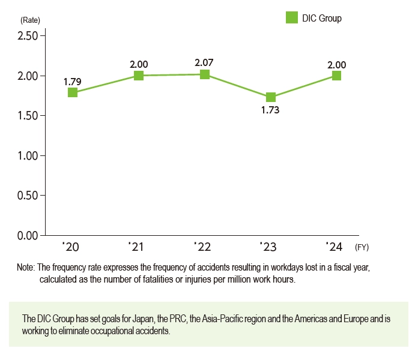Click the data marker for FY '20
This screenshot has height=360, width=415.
(73, 92)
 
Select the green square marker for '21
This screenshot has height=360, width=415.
(139, 76)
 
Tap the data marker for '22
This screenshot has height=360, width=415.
(205, 74)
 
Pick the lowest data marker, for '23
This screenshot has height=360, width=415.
(271, 97)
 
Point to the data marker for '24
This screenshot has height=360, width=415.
(336, 76)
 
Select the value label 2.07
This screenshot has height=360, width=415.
(204, 62)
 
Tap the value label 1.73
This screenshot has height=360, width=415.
(270, 111)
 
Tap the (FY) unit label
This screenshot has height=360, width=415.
(363, 247)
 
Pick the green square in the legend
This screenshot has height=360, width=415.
(291, 18)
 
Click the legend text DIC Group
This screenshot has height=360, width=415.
(321, 19)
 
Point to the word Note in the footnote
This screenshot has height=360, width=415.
(26, 268)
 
